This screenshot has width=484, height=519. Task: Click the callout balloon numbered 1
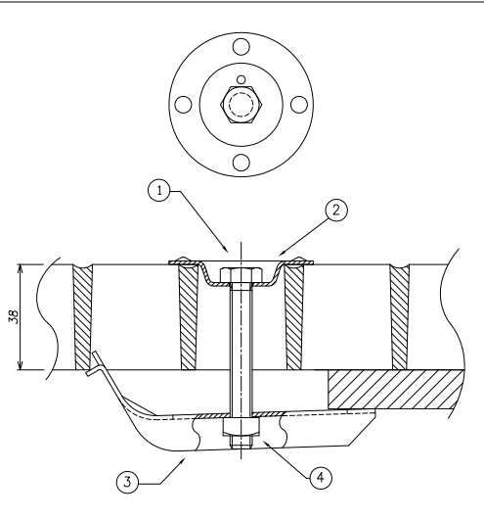pos(159,191)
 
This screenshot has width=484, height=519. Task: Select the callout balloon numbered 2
pos(336,210)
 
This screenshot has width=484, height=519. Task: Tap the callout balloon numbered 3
pos(128,482)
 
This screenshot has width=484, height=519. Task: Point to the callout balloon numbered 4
pos(321,477)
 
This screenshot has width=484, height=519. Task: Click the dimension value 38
pos(14,316)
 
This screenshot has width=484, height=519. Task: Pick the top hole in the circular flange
pos(241,47)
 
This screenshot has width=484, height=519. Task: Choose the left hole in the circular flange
pos(183,105)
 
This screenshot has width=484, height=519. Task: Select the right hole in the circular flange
pos(299,105)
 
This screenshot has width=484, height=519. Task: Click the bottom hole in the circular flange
pos(241,163)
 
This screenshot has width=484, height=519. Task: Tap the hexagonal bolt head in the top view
pos(241,105)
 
